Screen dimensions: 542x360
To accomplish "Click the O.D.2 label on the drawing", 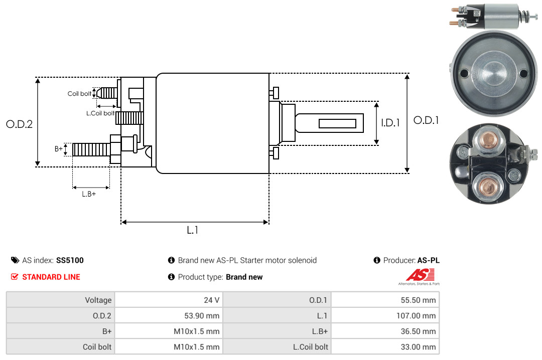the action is click(x=20, y=124).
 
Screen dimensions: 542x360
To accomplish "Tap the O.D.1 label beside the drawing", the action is click(x=426, y=120).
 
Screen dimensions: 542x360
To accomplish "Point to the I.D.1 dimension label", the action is click(x=390, y=123).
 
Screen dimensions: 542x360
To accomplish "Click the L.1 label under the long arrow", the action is click(x=193, y=230).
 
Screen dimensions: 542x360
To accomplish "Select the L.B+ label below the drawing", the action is click(x=89, y=194).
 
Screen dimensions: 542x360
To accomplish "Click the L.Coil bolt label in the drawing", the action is click(x=100, y=113).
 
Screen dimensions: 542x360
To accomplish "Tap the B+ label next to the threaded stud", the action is click(x=58, y=149).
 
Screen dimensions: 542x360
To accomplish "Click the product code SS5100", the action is click(x=70, y=260).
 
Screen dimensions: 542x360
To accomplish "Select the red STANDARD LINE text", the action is click(x=51, y=277).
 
